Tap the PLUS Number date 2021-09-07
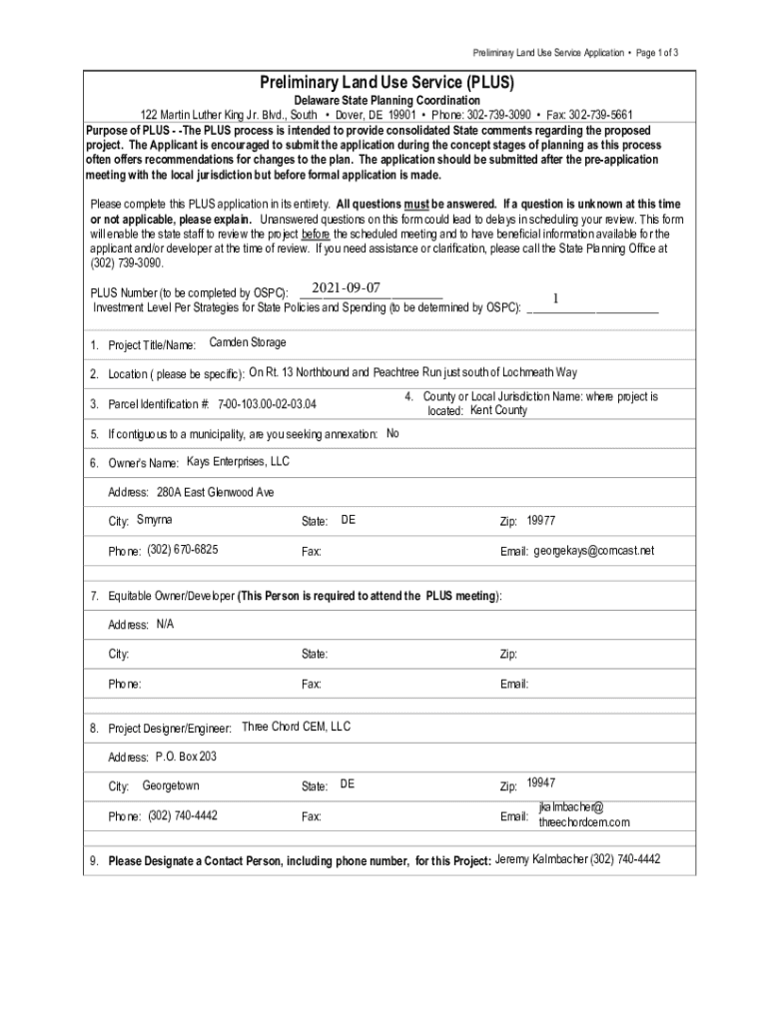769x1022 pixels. tap(347, 288)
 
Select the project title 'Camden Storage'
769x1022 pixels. tap(248, 342)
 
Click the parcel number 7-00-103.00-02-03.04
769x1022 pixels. tap(274, 405)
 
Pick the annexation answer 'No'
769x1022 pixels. tap(392, 433)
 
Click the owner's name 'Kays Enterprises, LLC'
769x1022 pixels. tap(239, 462)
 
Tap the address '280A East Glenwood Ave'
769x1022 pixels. tap(215, 492)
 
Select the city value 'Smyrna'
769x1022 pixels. tap(154, 520)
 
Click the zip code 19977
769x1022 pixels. tap(541, 520)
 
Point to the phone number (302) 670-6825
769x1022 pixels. tap(183, 550)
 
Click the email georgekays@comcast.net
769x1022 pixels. tap(594, 551)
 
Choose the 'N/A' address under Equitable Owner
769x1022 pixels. tap(165, 624)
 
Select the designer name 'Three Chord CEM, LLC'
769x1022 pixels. tap(297, 727)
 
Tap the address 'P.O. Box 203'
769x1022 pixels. tap(186, 757)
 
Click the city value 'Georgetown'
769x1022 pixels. tap(171, 785)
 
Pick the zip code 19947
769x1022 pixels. tap(541, 782)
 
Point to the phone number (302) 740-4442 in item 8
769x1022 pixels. tap(183, 815)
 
